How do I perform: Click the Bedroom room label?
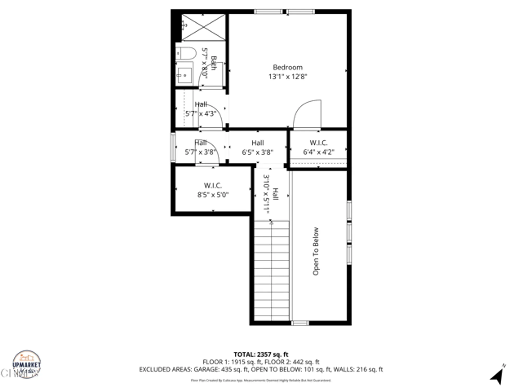tap(288, 67)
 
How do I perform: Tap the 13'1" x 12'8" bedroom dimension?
tap(288, 77)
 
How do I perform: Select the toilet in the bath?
tap(186, 53)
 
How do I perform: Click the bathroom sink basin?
tap(185, 75)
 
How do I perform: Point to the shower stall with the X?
tap(203, 27)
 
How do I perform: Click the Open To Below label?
tap(316, 251)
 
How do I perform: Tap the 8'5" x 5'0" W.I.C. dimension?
tap(213, 195)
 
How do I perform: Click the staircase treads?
tap(271, 271)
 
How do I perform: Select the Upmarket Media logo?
tap(27, 364)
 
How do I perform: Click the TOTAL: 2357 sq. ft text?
tap(261, 355)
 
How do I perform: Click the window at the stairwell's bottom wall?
tap(300, 323)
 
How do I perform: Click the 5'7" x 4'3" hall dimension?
tap(201, 114)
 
